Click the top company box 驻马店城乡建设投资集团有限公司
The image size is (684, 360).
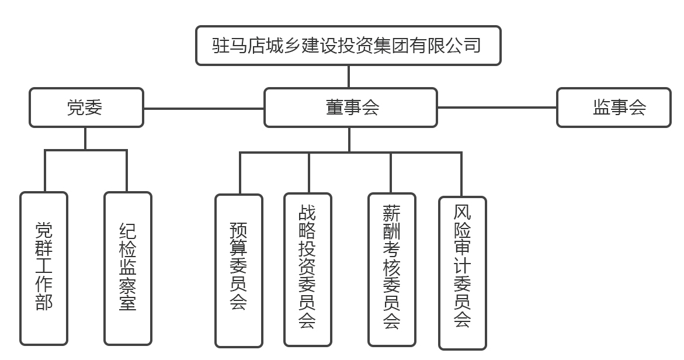pos(348,46)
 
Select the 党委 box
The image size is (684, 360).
pos(86,108)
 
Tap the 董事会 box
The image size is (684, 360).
pos(350,108)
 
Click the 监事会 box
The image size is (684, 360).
pos(613,108)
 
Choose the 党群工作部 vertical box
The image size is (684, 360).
pos(44,268)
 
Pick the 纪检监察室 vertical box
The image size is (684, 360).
pos(128,268)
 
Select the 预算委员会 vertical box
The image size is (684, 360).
pos(238,270)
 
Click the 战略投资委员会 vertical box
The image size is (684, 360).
pos(308,269)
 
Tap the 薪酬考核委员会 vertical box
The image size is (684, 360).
pos(391,269)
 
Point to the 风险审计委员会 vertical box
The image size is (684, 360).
pos(462,272)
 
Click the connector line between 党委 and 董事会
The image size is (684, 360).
pos(203,108)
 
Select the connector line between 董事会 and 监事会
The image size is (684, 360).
pos(496,108)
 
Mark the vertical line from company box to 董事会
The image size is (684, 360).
pos(349,77)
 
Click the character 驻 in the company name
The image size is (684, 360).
pos(220,45)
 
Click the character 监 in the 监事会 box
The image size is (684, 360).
pos(602,108)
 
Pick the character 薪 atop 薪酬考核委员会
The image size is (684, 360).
pos(391,212)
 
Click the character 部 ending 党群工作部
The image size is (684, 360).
pos(44,302)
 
